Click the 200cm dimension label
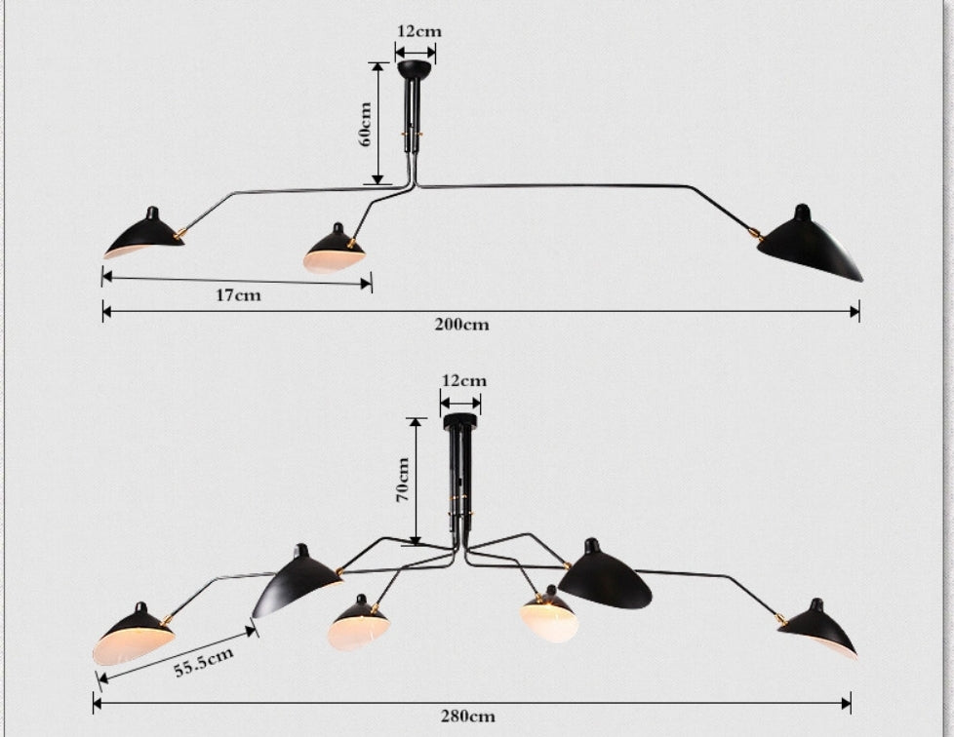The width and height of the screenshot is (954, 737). (x=461, y=324)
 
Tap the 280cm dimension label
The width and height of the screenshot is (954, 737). (x=468, y=717)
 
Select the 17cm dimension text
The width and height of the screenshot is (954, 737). (x=238, y=295)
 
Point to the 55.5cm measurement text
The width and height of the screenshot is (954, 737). (x=204, y=662)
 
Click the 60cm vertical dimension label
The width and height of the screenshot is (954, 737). (x=365, y=124)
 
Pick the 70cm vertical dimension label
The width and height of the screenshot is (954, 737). (x=402, y=480)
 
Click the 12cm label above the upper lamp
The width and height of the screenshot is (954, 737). (x=419, y=31)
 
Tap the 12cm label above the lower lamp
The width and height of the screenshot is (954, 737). (x=464, y=380)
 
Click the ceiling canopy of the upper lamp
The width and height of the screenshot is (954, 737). (x=417, y=68)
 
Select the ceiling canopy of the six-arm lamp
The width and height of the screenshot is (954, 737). (x=461, y=421)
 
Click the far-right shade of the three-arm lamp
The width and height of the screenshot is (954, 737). (x=811, y=245)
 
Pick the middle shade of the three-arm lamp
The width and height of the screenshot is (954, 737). (x=334, y=250)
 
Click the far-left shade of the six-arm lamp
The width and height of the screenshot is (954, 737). (x=134, y=635)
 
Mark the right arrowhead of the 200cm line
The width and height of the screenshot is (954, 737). (x=854, y=312)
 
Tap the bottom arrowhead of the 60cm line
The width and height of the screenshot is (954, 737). (x=378, y=178)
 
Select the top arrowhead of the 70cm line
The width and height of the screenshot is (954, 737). (x=417, y=424)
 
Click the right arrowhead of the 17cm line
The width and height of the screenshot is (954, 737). (x=366, y=284)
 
